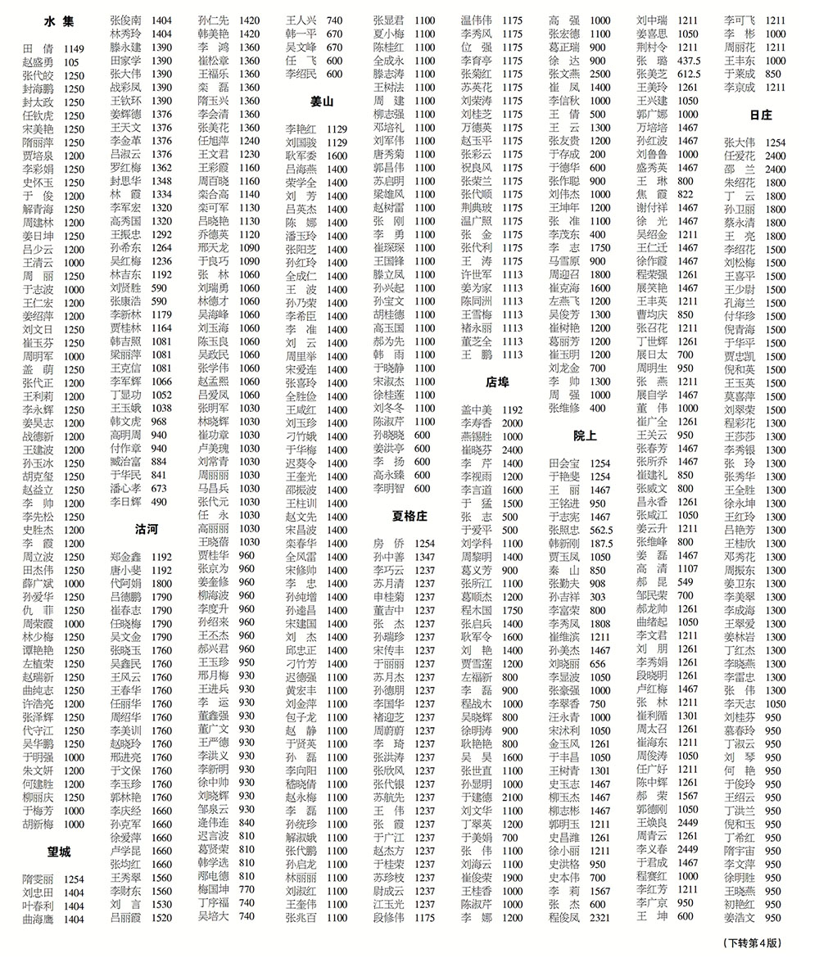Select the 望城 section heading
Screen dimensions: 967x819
click(60, 852)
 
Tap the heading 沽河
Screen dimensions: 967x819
click(147, 530)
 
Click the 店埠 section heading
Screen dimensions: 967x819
click(497, 382)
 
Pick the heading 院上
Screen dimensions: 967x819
click(585, 436)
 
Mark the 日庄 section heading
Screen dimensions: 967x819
click(760, 115)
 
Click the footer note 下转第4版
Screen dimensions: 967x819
click(753, 943)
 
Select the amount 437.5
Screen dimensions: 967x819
click(689, 61)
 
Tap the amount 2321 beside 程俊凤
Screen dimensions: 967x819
click(600, 918)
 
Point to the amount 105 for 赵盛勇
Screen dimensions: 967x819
click(71, 62)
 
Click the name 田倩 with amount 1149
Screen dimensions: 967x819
click(38, 49)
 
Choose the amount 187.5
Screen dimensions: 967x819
click(601, 543)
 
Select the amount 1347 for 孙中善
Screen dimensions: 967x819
click(424, 557)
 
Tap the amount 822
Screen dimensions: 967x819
click(686, 194)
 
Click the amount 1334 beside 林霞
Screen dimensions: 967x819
click(161, 195)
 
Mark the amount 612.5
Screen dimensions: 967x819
click(689, 75)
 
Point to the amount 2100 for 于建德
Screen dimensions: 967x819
click(512, 797)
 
